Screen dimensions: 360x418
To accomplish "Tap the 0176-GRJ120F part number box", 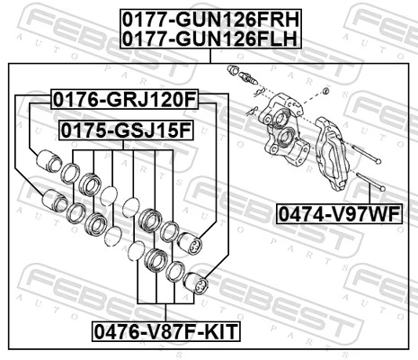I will [123, 97].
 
